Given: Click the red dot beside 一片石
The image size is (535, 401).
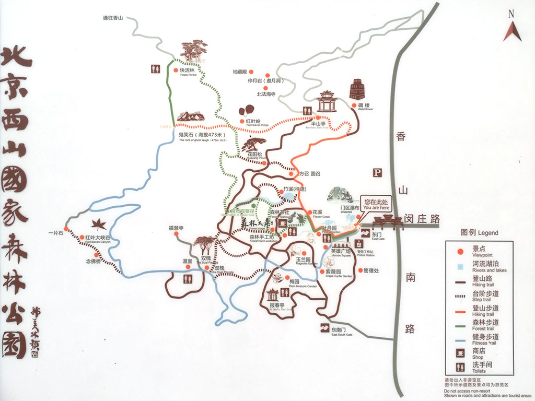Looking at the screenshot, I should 66,229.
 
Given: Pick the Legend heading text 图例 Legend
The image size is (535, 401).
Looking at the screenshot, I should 479,233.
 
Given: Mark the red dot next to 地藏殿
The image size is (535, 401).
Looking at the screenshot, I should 250,72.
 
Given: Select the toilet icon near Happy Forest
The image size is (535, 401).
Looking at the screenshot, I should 155,68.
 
